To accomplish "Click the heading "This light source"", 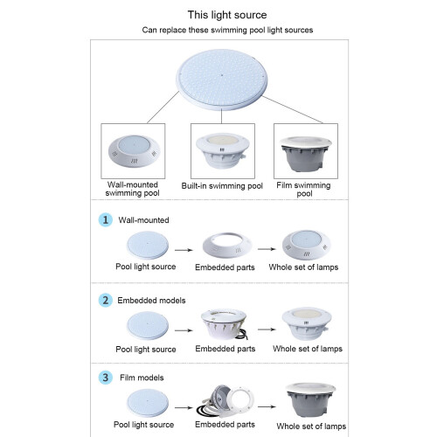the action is pos(227,15).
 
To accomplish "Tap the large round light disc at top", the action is pos(221,80).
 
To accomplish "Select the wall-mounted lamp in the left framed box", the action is pos(133,151).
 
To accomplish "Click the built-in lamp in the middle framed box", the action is pos(223,150).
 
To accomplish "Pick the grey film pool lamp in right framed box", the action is pos(306,155).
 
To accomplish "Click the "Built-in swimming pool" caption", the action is pos(222,186).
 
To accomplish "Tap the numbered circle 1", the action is pos(106,219).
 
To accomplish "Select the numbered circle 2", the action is pos(106,300).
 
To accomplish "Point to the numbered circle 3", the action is pos(106,378).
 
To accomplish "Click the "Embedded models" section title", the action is pos(151,301).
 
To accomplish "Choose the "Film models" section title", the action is pos(142,378).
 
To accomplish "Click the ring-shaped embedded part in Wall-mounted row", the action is pos(227,245).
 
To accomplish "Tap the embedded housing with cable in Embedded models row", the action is pos(225,324).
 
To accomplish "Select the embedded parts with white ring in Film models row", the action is pos(225,401).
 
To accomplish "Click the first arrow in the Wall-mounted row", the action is pos(184,250).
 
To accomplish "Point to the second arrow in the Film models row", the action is pos(267,406).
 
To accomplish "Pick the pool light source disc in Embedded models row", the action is pos(148,325).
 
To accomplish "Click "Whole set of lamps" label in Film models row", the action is pos(311,427).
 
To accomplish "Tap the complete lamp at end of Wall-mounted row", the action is pos(306,245).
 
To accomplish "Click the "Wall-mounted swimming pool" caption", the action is pos(133,189).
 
